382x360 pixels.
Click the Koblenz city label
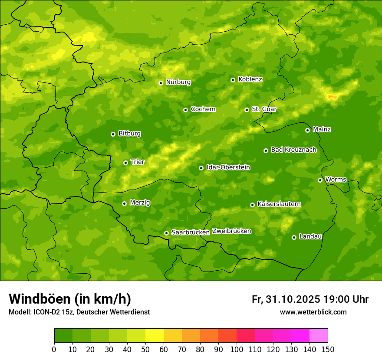pos(250,79)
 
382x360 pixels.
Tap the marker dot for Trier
pos(125,163)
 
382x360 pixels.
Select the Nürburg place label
pos(178,82)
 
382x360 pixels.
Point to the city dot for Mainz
pos(307,130)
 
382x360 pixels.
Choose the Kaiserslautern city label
pos(279,204)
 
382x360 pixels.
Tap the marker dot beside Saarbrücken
pos(166,233)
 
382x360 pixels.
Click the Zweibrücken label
pos(231,231)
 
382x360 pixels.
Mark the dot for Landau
pos(294,237)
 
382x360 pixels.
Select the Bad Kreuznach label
pos(293,150)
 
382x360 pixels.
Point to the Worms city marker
pos(320,180)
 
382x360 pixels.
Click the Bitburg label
pos(129,134)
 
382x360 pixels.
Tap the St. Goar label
pos(264,109)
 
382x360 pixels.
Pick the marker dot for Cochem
pos(185,110)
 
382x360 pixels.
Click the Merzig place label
pos(140,203)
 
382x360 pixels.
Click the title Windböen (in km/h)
pos(70,299)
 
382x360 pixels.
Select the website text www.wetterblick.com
pos(313,312)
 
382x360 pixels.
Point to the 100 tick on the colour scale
pos(237,349)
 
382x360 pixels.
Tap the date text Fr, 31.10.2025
pos(286,299)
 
